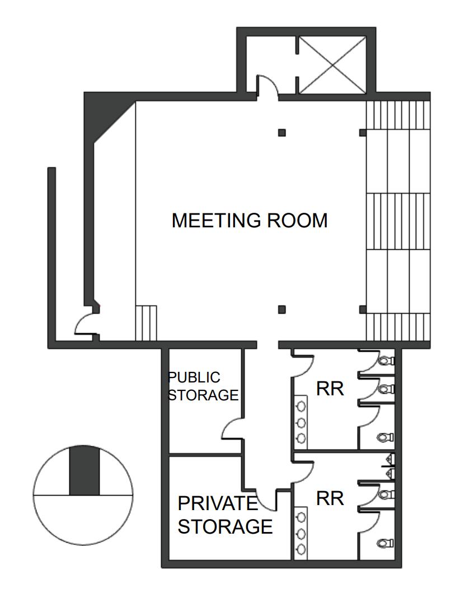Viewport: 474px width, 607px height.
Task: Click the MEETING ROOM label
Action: (x=249, y=220)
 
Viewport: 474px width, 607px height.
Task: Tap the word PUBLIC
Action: (x=194, y=377)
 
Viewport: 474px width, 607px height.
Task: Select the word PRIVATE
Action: (x=218, y=503)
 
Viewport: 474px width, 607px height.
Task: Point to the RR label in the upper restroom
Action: (x=330, y=389)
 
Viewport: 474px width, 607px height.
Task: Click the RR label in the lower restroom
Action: (x=330, y=498)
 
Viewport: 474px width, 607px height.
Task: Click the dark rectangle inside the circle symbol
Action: (x=84, y=470)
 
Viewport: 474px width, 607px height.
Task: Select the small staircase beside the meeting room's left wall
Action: (x=146, y=323)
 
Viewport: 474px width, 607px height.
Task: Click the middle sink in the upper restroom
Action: (x=301, y=421)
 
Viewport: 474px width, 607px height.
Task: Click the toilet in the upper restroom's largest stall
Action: (x=385, y=436)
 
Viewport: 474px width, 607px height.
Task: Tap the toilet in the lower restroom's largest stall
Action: (x=385, y=543)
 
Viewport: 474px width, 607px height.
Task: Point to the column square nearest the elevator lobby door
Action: (x=282, y=133)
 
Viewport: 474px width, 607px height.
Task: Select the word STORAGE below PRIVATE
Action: (x=225, y=526)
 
